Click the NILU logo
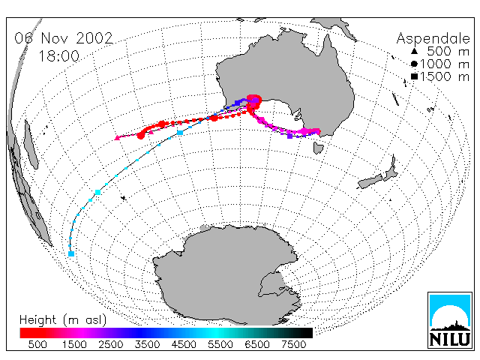click(450, 320)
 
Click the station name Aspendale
click(433, 38)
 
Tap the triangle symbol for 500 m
click(414, 52)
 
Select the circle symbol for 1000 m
click(414, 64)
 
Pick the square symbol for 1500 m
click(414, 76)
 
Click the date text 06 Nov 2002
click(64, 38)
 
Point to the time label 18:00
click(59, 56)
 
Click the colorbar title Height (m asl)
click(63, 320)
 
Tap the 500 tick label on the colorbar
click(37, 344)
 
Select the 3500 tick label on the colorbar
click(147, 344)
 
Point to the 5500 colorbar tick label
click(220, 344)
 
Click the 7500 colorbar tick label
click(293, 344)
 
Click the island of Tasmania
click(318, 147)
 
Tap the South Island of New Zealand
click(370, 181)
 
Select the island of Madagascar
click(31, 144)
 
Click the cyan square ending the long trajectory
click(71, 253)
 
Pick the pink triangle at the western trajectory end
click(117, 138)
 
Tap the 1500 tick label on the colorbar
click(74, 344)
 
